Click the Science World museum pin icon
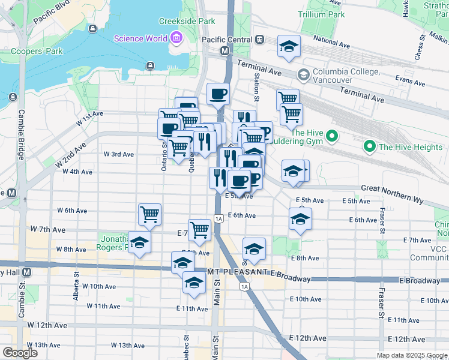[x=176, y=39]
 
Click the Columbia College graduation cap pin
[x=304, y=74]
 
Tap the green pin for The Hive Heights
[x=369, y=146]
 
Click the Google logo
[x=20, y=353]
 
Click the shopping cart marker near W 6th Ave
[x=149, y=214]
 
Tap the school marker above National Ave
[x=289, y=47]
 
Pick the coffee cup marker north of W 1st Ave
[x=218, y=94]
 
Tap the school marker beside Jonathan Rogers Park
[x=139, y=243]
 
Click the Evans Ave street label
[x=410, y=79]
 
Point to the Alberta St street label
[x=77, y=287]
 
